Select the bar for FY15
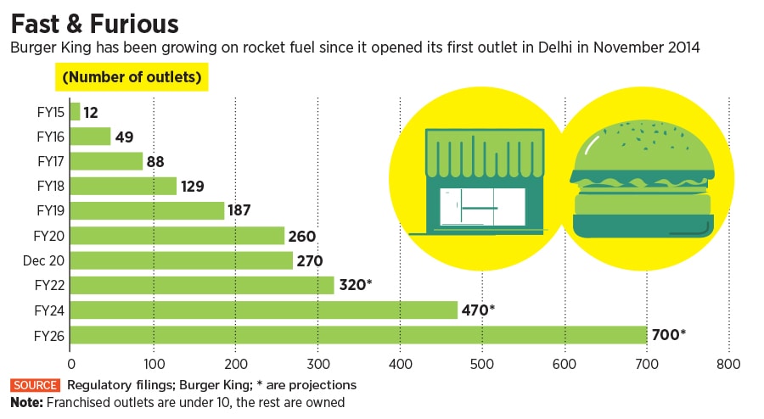(75, 112)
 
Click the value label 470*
(478, 310)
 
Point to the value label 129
(193, 187)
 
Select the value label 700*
(668, 335)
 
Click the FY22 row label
(48, 285)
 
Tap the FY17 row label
(48, 161)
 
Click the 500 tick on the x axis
(482, 365)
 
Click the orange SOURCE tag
(35, 385)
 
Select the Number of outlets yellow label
(132, 78)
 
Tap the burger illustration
(643, 181)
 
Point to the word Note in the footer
(27, 402)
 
